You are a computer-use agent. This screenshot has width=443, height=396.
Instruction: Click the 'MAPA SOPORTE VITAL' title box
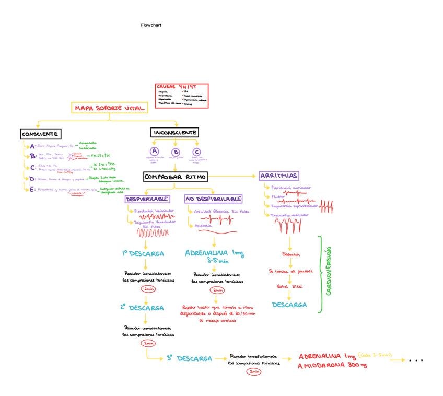109,108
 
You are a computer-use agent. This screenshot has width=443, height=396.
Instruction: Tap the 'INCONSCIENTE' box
175,133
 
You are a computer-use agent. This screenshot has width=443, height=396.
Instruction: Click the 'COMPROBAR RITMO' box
175,177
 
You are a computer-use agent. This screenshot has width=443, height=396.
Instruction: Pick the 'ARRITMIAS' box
278,176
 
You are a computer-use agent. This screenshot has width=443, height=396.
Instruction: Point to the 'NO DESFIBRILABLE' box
213,199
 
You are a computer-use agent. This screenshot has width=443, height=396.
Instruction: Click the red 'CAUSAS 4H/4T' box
182,96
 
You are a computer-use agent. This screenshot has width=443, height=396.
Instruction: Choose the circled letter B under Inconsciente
176,152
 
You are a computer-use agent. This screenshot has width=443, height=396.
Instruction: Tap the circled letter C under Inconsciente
196,152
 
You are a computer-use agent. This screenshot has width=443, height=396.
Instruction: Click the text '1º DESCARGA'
143,253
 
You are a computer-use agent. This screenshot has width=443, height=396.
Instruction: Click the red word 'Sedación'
291,254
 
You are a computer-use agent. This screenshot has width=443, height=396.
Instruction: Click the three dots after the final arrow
416,360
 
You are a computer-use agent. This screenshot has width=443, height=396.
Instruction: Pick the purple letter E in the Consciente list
32,190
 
